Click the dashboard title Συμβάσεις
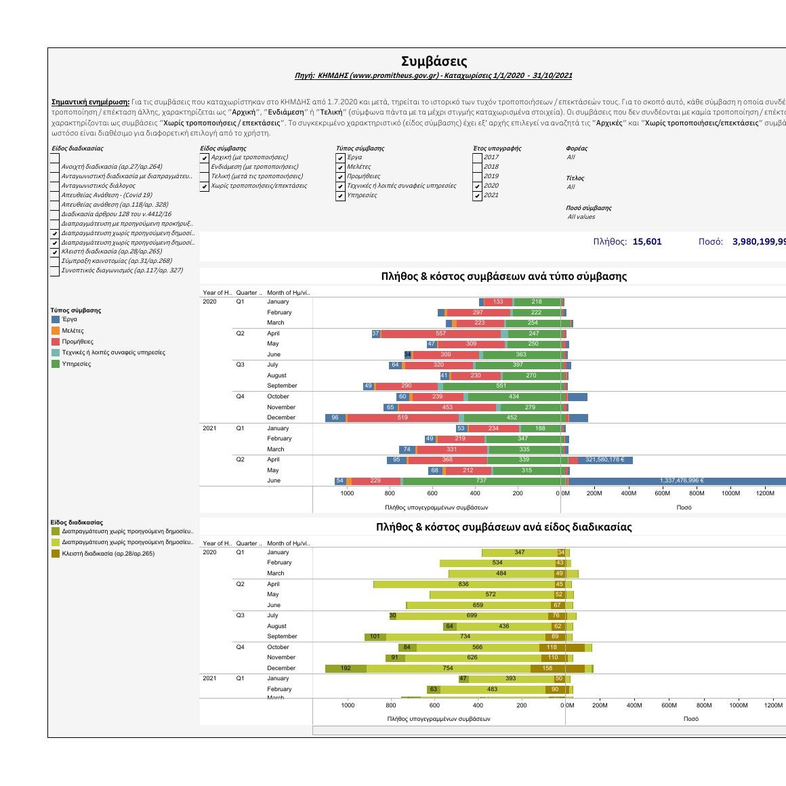click(x=434, y=62)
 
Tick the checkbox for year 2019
click(x=478, y=176)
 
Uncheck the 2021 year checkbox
click(x=478, y=195)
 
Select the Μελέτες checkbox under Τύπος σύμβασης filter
click(x=341, y=167)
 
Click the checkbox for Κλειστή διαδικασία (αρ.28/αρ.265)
click(x=55, y=252)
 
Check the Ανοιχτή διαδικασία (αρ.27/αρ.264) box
click(x=55, y=167)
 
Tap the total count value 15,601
click(x=646, y=242)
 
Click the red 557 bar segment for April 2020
click(x=440, y=334)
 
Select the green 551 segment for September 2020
click(x=501, y=386)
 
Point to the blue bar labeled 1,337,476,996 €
click(x=681, y=481)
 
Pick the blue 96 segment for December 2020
click(x=335, y=418)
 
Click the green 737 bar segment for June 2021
click(x=481, y=481)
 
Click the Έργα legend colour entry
click(x=56, y=320)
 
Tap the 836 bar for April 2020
click(x=463, y=584)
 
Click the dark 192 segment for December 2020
click(x=346, y=669)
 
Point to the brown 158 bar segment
click(x=547, y=669)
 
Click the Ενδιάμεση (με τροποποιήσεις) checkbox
click(x=205, y=167)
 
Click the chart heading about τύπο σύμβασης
click(x=503, y=276)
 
